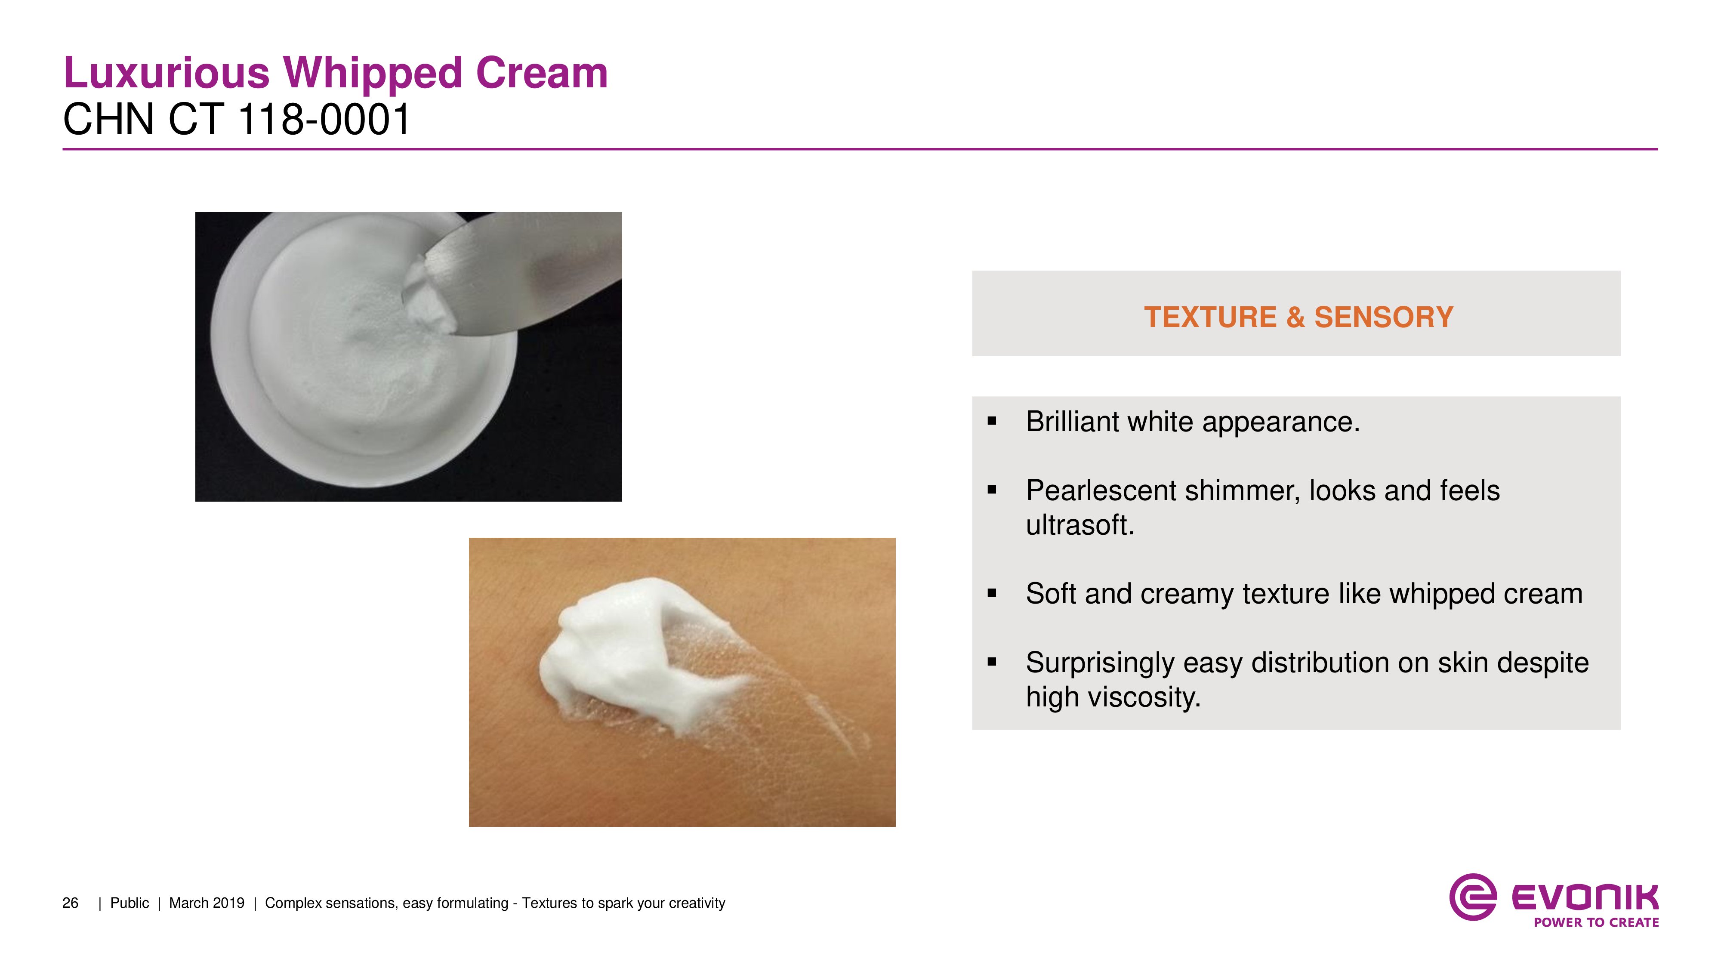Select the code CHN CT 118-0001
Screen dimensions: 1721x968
237,120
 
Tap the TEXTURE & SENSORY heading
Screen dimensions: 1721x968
1298,317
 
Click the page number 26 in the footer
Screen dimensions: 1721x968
70,903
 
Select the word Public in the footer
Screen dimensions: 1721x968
130,903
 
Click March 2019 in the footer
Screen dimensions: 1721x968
207,903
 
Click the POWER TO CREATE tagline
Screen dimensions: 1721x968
1596,922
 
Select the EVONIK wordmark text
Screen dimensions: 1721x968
1585,897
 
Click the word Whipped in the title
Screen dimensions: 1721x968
372,74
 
